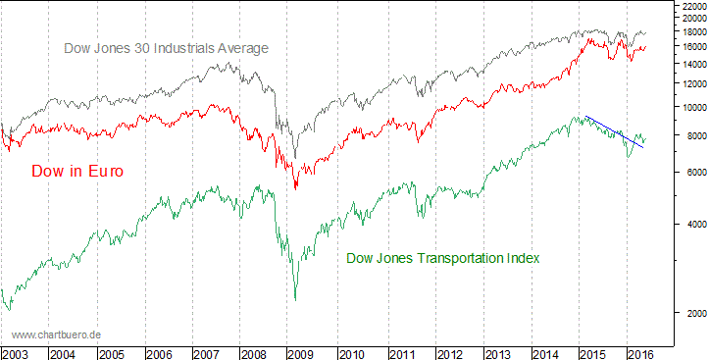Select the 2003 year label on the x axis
[x=16, y=353]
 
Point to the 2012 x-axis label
[x=448, y=353]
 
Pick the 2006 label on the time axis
[x=160, y=353]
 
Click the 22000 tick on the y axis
[x=691, y=7]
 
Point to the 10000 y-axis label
[x=691, y=108]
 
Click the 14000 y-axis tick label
[x=691, y=65]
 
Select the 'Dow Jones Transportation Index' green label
[x=443, y=258]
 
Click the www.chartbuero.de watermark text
[x=57, y=334]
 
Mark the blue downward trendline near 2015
[x=614, y=131]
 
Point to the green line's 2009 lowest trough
[x=296, y=298]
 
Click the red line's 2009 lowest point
[x=296, y=186]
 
